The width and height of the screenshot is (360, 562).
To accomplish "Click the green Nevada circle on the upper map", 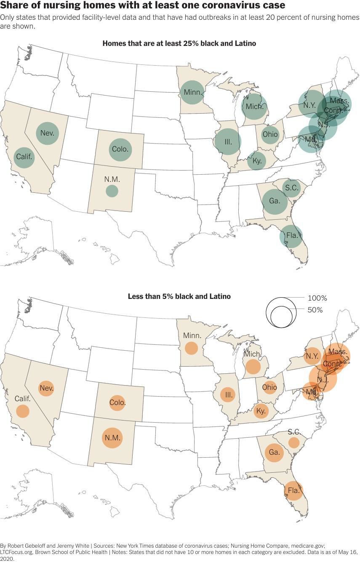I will pyautogui.click(x=48, y=133).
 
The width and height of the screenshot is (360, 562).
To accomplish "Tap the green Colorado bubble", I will pyautogui.click(x=120, y=149).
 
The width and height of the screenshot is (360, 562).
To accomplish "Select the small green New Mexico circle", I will pyautogui.click(x=112, y=191).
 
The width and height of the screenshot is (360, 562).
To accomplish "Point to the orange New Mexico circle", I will pyautogui.click(x=112, y=437).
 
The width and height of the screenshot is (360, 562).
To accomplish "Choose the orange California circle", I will pyautogui.click(x=23, y=411).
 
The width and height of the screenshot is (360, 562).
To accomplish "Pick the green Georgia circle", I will pyautogui.click(x=275, y=201).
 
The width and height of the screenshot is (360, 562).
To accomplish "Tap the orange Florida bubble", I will pyautogui.click(x=293, y=490).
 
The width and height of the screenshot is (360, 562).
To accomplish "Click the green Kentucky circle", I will pyautogui.click(x=257, y=161).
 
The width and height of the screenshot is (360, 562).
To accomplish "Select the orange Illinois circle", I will pyautogui.click(x=229, y=395).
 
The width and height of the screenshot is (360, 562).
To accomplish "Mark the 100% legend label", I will pyautogui.click(x=317, y=298).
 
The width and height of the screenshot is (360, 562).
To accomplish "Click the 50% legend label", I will pyautogui.click(x=315, y=310).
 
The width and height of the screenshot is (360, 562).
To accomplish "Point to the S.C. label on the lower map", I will pyautogui.click(x=294, y=432).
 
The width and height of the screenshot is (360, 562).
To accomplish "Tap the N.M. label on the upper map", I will pyautogui.click(x=112, y=179).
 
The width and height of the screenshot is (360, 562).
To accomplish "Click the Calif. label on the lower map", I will pyautogui.click(x=23, y=398).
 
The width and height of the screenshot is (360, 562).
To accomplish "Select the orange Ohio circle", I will pyautogui.click(x=269, y=387).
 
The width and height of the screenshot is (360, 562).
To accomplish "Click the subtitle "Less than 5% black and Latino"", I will pyautogui.click(x=179, y=296).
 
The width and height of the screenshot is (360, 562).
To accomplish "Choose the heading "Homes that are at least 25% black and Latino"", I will pyautogui.click(x=179, y=43).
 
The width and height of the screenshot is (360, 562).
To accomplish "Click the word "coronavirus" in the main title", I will pyautogui.click(x=224, y=5).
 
